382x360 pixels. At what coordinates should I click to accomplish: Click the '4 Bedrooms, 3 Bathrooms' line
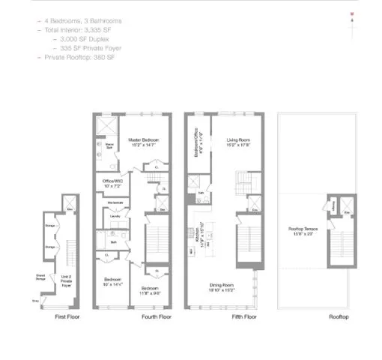click(82, 21)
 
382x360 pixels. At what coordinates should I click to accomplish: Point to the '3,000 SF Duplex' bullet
click(79, 39)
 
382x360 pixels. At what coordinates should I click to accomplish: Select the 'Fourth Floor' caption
click(157, 317)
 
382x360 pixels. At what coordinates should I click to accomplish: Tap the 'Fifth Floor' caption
click(244, 317)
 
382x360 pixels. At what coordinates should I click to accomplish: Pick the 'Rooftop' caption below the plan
click(339, 317)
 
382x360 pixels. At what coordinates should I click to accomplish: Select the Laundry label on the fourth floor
click(115, 217)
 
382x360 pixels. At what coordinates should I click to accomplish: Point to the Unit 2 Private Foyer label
click(66, 283)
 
